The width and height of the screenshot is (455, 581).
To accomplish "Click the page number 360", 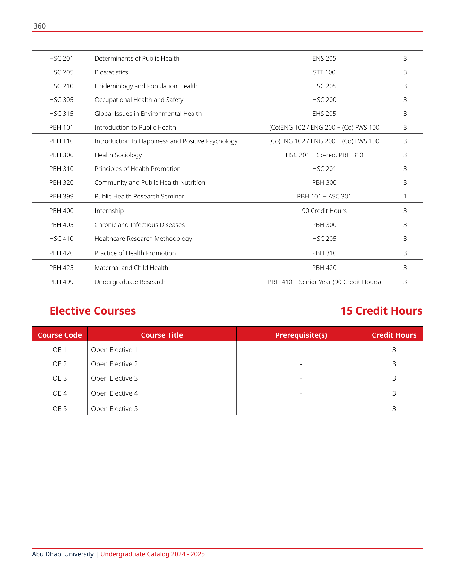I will [39, 26].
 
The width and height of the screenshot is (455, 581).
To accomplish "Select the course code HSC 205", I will [61, 72].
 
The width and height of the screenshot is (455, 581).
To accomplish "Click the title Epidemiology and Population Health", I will [146, 86].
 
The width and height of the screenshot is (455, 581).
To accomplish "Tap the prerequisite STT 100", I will [324, 72].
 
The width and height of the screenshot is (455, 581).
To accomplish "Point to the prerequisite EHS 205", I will [324, 114].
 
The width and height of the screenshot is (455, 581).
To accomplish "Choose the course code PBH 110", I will [61, 141].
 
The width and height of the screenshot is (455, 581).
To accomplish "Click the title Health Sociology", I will [118, 155].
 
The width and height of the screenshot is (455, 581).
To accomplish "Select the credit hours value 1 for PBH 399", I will [405, 196].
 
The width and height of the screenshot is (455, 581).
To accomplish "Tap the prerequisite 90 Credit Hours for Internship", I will [324, 211].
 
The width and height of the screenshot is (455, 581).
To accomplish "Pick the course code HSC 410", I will [61, 239].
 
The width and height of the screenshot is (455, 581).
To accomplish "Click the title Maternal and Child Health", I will [131, 268].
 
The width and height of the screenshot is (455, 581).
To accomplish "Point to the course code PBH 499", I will [61, 282].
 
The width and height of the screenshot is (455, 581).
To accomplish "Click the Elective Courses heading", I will [93, 311].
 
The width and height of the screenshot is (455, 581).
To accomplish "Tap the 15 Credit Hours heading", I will [381, 311].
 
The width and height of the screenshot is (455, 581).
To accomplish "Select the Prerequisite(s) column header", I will [301, 335].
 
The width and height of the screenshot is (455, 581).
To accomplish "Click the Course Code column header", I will [60, 335].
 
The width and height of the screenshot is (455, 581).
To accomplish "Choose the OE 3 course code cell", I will [60, 378].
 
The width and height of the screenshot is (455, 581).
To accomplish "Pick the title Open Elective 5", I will [115, 409].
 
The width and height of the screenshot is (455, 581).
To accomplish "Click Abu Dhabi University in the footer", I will [63, 554].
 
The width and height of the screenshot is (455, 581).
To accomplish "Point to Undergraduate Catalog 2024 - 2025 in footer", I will [152, 554].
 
